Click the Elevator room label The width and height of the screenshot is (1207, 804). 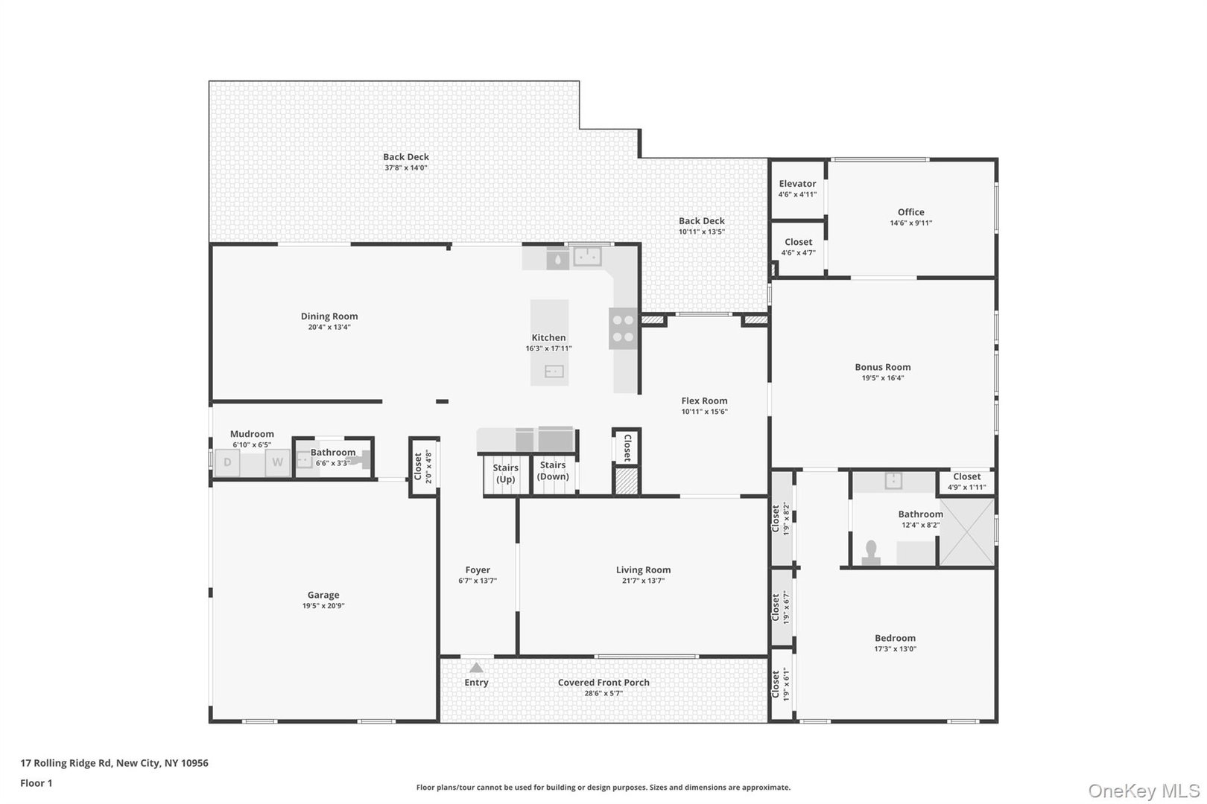(797, 183)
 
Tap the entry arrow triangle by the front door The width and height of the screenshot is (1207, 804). (476, 668)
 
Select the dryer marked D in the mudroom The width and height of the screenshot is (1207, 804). (227, 462)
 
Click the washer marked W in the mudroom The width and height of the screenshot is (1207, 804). (277, 462)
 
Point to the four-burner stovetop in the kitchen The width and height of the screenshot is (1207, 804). (623, 328)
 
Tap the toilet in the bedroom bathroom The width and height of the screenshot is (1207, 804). (870, 553)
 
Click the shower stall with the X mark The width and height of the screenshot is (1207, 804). (966, 532)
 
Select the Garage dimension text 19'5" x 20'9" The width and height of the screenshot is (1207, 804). (323, 606)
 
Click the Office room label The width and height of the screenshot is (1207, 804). (910, 212)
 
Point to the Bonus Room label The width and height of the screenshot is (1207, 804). (882, 367)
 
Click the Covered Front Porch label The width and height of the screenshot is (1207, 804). (603, 683)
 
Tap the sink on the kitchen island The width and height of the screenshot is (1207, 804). (554, 371)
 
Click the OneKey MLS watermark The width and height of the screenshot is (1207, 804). (1143, 791)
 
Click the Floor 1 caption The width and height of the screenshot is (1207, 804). (36, 783)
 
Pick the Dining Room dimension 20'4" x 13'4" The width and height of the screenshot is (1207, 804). (329, 327)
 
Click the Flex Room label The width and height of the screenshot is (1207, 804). (704, 401)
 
